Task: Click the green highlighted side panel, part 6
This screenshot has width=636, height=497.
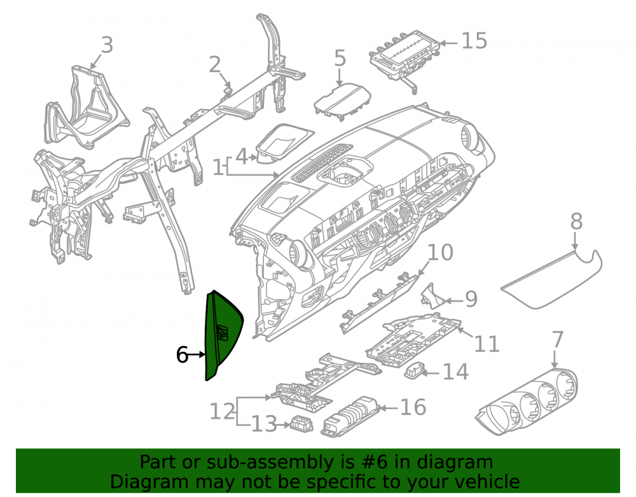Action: pyautogui.click(x=222, y=335)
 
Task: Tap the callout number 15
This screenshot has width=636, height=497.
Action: pyautogui.click(x=474, y=41)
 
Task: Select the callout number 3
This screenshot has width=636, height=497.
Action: pyautogui.click(x=107, y=45)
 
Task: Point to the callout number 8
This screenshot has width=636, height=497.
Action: pyautogui.click(x=576, y=221)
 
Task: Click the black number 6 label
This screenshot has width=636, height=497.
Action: pyautogui.click(x=182, y=354)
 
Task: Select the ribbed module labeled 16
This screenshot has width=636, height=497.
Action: pyautogui.click(x=351, y=417)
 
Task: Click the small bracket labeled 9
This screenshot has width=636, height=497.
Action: pyautogui.click(x=432, y=297)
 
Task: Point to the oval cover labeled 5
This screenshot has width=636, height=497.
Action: pyautogui.click(x=343, y=101)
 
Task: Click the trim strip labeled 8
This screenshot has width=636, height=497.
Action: pyautogui.click(x=551, y=279)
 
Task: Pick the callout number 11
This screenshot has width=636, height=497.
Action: pyautogui.click(x=487, y=344)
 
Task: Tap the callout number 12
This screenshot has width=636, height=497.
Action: pyautogui.click(x=222, y=411)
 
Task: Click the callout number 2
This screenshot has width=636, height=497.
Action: pyautogui.click(x=215, y=64)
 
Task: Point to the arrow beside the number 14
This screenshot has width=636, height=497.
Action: pyautogui.click(x=429, y=372)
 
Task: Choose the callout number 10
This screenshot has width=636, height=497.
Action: pyautogui.click(x=441, y=253)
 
